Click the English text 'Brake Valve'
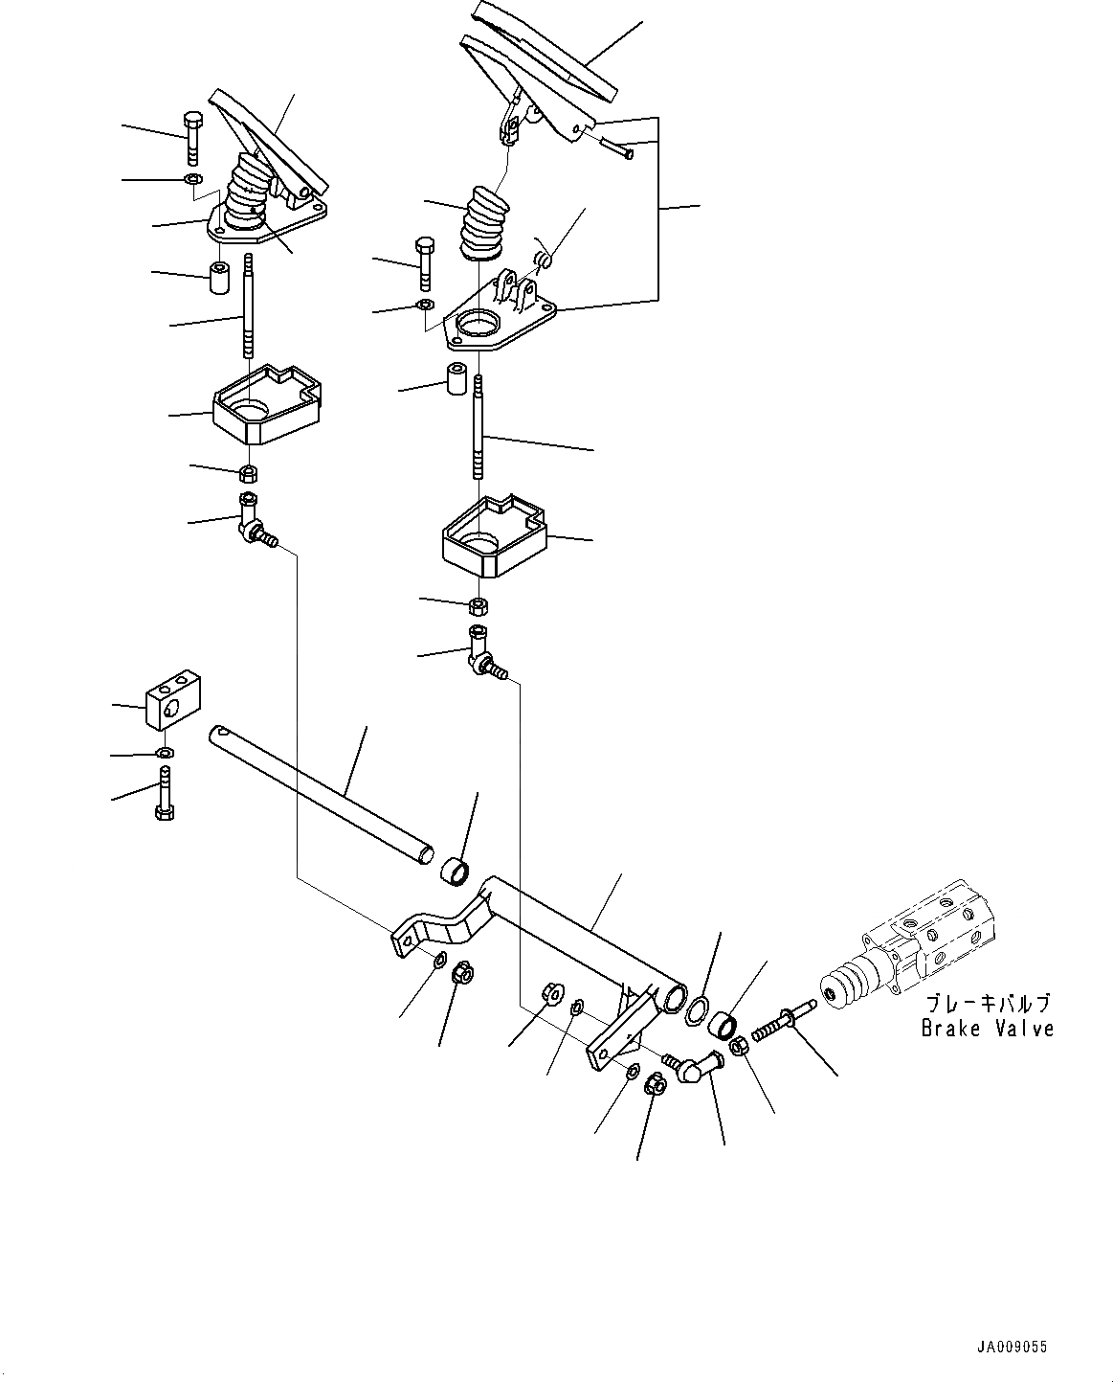[987, 1029]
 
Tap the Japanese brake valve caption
[987, 1004]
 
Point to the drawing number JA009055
[1012, 1347]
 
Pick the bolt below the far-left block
[164, 795]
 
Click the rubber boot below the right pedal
[482, 225]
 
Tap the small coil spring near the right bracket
[544, 257]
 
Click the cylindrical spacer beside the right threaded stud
[456, 381]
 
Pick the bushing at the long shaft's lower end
[453, 872]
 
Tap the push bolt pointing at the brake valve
[784, 1022]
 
